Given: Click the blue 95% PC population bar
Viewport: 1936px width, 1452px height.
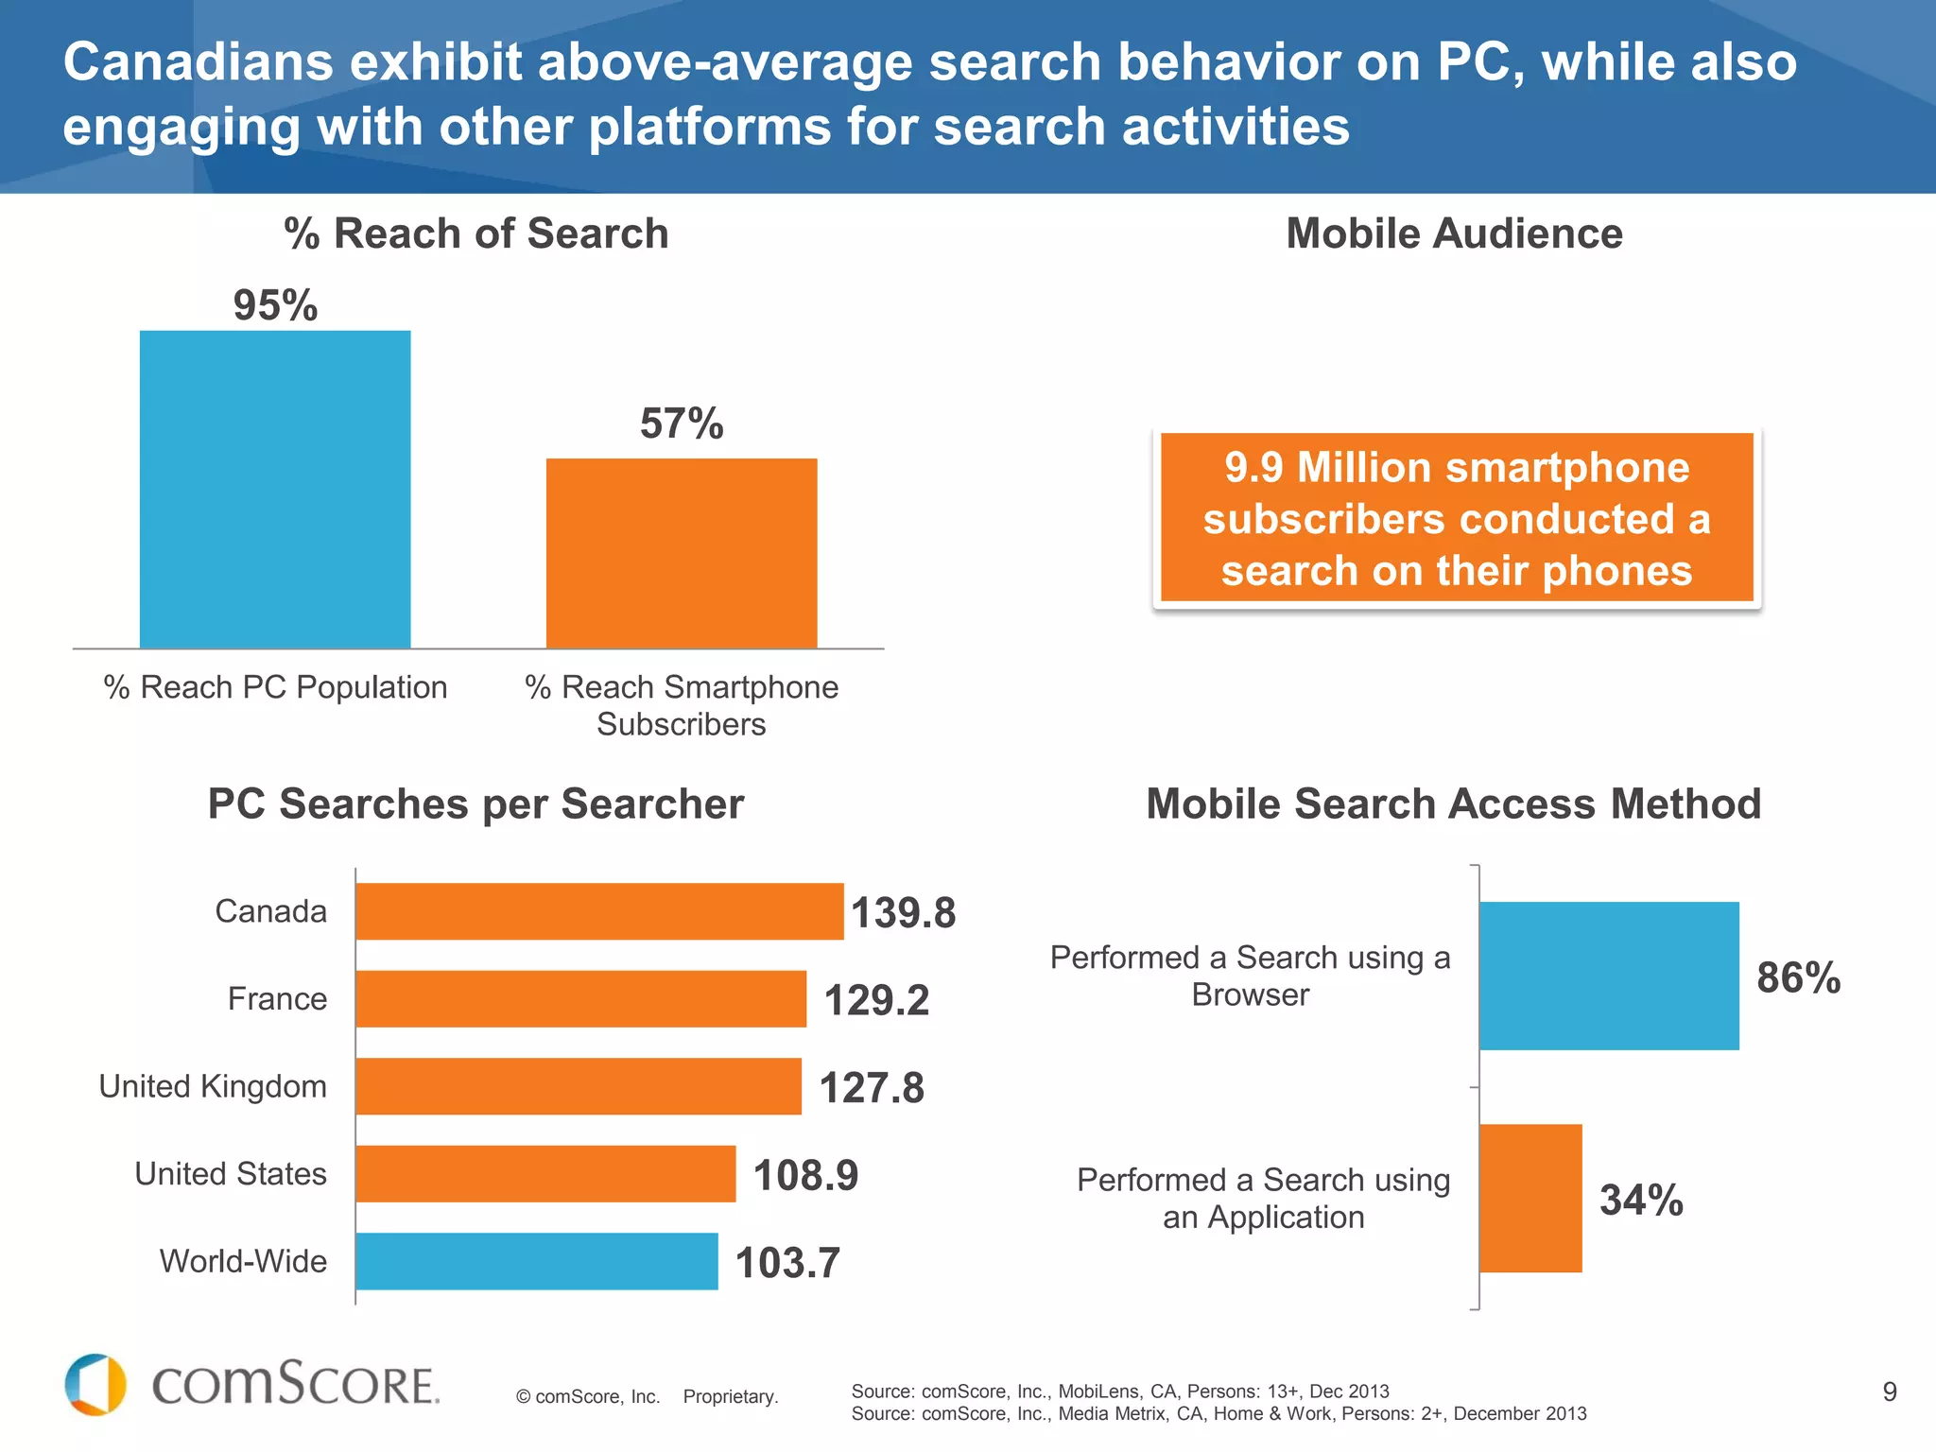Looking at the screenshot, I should click(275, 489).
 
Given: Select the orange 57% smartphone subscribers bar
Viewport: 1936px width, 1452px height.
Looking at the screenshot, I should click(682, 553).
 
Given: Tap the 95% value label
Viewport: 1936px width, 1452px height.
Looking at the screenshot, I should click(275, 305).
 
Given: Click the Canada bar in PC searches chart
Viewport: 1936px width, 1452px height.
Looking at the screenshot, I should click(599, 911).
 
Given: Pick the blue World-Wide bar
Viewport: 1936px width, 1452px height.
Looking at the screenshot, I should click(536, 1261).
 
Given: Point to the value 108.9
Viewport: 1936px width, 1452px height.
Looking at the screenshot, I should click(805, 1175).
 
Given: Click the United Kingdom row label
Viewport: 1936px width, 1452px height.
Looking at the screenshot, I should click(213, 1086).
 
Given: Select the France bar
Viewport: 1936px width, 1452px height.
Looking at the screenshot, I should click(580, 998).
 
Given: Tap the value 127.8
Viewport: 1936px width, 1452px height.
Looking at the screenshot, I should click(871, 1087).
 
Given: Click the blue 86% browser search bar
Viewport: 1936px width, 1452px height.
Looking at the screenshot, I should click(1609, 976).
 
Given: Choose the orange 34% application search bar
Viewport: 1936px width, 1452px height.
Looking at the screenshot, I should click(1530, 1198).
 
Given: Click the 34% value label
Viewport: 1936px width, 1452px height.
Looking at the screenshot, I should click(1641, 1200).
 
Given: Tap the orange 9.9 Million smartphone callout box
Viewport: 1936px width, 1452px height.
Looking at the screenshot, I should click(1457, 518).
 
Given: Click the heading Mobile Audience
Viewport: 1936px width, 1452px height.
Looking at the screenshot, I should click(1454, 233).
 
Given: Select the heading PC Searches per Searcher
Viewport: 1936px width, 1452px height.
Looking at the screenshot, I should click(475, 804).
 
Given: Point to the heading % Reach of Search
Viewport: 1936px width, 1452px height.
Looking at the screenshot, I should click(475, 233).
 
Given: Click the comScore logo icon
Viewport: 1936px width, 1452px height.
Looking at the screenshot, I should click(95, 1385).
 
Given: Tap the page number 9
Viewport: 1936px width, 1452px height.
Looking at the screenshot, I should click(1890, 1391).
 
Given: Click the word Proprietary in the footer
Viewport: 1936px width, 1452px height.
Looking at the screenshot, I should click(730, 1396).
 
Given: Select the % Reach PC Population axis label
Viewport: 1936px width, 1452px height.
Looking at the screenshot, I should click(275, 687).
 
